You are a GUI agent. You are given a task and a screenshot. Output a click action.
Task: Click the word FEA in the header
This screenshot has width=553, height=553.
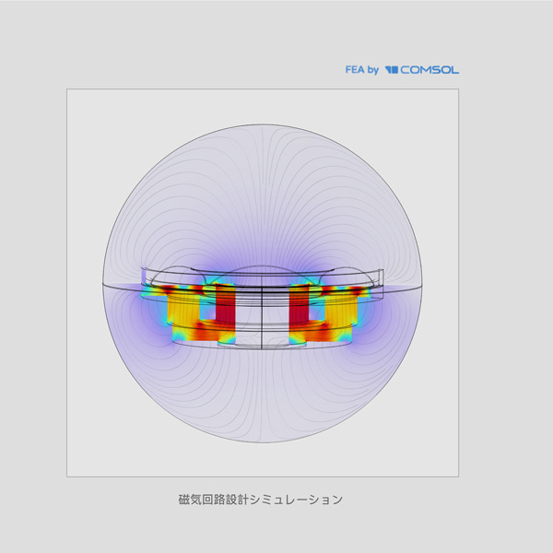(355, 69)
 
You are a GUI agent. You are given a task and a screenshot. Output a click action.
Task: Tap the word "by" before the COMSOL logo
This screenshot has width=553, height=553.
(372, 70)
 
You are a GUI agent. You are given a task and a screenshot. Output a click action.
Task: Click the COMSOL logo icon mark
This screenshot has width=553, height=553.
(392, 70)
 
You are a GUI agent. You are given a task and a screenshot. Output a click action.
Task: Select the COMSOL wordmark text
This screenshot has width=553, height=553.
(429, 70)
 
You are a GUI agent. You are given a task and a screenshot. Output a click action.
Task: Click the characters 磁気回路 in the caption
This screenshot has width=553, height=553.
(201, 500)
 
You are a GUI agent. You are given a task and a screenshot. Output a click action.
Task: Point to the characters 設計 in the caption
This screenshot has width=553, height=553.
(237, 500)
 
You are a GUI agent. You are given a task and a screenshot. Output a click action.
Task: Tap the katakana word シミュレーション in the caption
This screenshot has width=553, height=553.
(296, 500)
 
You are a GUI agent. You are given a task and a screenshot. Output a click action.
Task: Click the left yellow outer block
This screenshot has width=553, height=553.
(183, 311)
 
